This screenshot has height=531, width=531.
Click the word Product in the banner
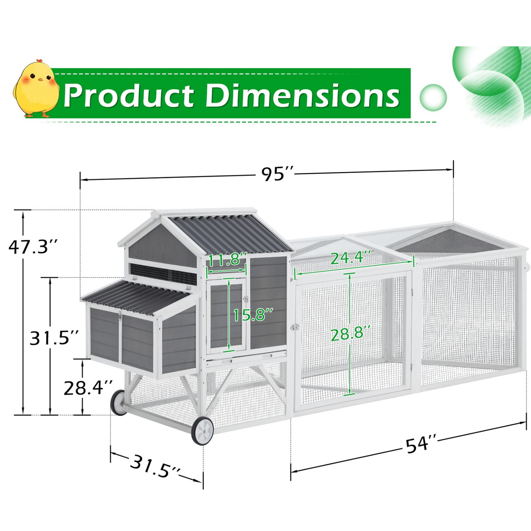pyautogui.click(x=128, y=95)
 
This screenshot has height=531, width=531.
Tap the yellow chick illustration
pyautogui.click(x=36, y=89)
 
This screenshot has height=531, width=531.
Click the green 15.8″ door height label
pyautogui.click(x=253, y=315)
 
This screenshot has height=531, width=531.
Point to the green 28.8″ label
pyautogui.click(x=347, y=334)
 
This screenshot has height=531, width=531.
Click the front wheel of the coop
pyautogui.click(x=202, y=431)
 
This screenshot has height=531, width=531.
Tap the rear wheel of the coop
pyautogui.click(x=119, y=402)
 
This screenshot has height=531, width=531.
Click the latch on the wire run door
pyautogui.click(x=295, y=327)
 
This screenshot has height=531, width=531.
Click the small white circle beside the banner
pyautogui.click(x=433, y=97)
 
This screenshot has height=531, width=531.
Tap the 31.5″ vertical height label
pyautogui.click(x=54, y=338)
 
